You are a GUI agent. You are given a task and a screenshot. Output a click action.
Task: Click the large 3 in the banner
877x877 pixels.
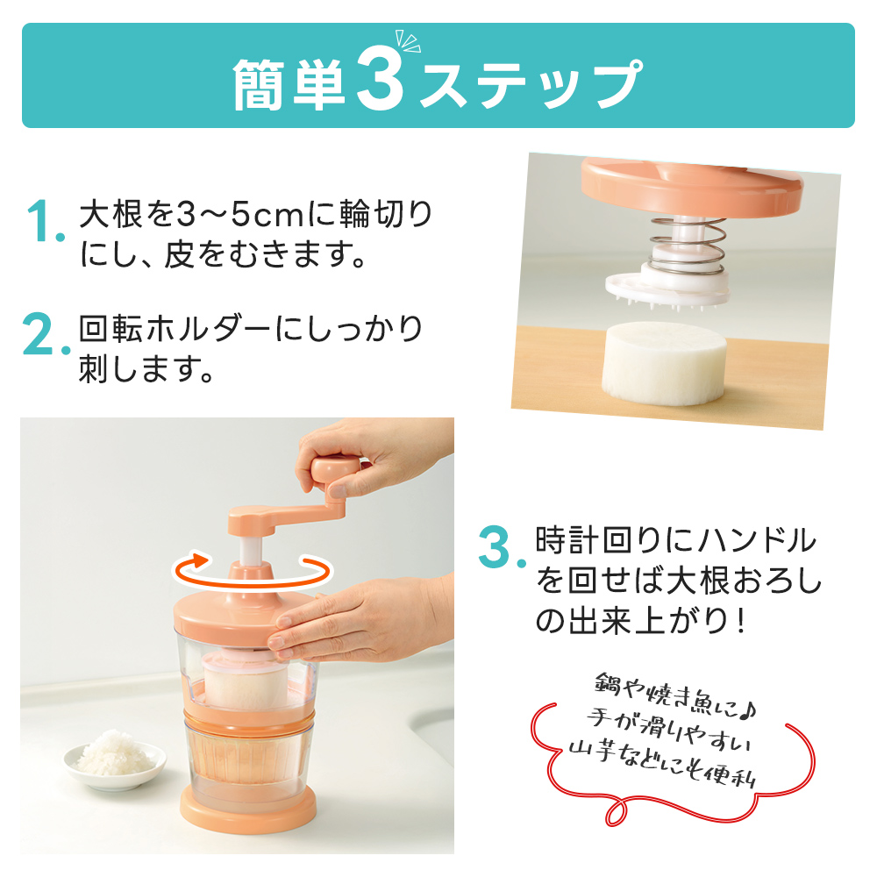pos(381,78)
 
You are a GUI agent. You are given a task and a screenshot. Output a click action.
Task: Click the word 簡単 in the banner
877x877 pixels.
pos(289,84)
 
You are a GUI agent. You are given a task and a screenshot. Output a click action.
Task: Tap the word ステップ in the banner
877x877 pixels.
pos(530,84)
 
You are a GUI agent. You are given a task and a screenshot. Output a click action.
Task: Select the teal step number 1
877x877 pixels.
pos(45,222)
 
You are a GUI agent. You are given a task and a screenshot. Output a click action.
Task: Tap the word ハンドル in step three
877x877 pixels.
pos(758,539)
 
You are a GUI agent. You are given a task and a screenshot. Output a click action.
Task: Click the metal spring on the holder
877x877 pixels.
pos(688,246)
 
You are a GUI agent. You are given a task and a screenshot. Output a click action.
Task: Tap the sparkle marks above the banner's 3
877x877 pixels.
pos(407,41)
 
